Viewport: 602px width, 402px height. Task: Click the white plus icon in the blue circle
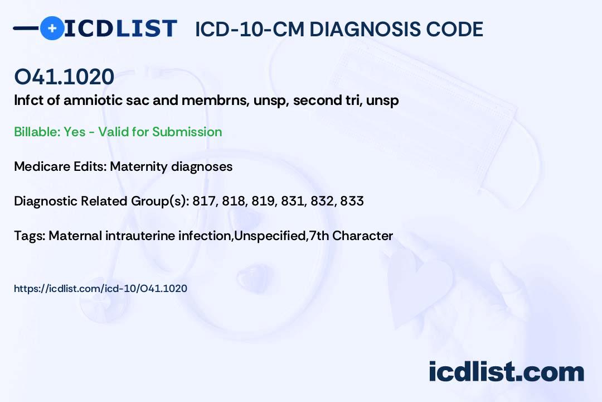(x=52, y=28)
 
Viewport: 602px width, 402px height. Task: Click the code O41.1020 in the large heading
(x=64, y=76)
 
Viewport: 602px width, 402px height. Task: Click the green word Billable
(x=37, y=132)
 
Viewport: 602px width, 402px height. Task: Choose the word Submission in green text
(x=187, y=132)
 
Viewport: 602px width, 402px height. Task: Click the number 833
(x=352, y=201)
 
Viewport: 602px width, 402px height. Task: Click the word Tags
(x=30, y=236)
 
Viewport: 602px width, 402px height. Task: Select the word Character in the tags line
(x=362, y=236)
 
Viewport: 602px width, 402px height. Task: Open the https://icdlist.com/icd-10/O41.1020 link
(x=100, y=289)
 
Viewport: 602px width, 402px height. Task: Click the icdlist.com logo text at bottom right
(x=506, y=371)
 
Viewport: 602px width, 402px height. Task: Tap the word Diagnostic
(x=46, y=201)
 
